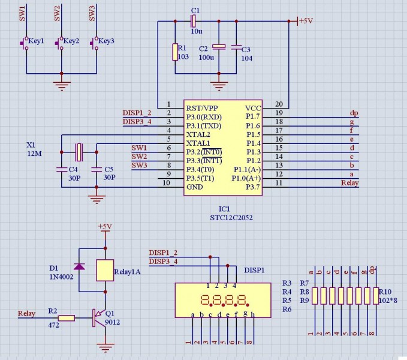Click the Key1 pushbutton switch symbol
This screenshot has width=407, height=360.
click(25, 43)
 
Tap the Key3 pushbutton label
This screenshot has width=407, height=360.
click(106, 41)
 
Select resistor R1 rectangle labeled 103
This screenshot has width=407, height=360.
click(175, 52)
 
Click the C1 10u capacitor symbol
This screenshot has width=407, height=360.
click(193, 22)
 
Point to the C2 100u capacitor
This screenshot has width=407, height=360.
click(220, 47)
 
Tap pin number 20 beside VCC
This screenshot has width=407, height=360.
click(279, 104)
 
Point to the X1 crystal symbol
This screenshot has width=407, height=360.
click(79, 149)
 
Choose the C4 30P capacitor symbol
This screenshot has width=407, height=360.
click(61, 170)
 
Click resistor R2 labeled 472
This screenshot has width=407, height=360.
click(67, 318)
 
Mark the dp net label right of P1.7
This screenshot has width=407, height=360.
click(354, 113)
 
